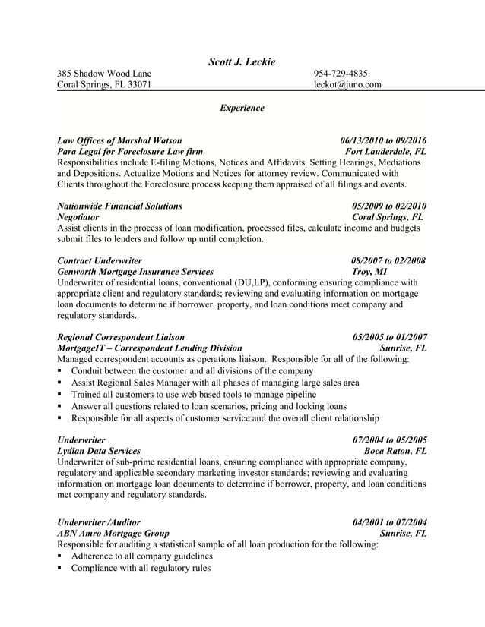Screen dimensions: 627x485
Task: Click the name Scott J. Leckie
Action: point(242,61)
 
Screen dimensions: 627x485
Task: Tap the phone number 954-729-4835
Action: point(341,74)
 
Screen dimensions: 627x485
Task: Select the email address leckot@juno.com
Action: point(347,85)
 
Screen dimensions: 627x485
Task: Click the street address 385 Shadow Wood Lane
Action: point(104,74)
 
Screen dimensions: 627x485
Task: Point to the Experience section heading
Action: point(242,108)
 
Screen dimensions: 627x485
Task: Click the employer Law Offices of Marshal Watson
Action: point(119,140)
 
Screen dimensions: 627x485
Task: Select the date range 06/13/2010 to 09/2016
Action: point(383,140)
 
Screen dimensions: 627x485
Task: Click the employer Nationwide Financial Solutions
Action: point(119,206)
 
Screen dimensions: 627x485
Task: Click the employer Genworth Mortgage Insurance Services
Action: point(135,272)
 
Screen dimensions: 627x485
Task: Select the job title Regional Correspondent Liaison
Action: point(120,337)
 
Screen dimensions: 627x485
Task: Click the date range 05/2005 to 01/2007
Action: point(389,337)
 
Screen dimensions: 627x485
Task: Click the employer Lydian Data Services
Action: point(99,451)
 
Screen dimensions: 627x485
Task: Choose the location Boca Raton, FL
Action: point(395,451)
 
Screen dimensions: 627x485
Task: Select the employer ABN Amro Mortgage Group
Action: point(113,534)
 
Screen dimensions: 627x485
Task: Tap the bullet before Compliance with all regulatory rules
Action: point(60,569)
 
